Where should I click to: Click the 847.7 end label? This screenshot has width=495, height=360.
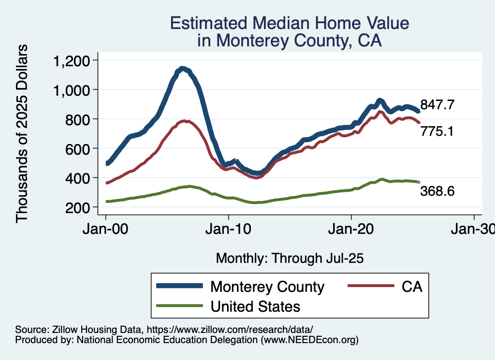(x=437, y=105)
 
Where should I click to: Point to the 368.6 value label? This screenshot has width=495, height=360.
(x=437, y=191)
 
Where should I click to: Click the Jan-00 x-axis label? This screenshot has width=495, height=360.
(x=106, y=230)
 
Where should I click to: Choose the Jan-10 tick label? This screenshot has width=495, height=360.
(x=229, y=230)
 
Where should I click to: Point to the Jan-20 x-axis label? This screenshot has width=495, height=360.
(x=351, y=230)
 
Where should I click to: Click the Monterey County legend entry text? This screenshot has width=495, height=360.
(x=267, y=287)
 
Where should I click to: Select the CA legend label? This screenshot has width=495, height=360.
(x=412, y=287)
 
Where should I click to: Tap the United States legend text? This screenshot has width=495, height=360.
(x=255, y=306)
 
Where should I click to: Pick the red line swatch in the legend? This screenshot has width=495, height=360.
(x=370, y=287)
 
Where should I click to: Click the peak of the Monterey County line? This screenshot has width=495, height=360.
(x=182, y=69)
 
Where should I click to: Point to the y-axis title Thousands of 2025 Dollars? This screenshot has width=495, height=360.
(x=22, y=133)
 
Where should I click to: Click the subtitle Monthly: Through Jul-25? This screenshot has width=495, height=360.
(x=290, y=258)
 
